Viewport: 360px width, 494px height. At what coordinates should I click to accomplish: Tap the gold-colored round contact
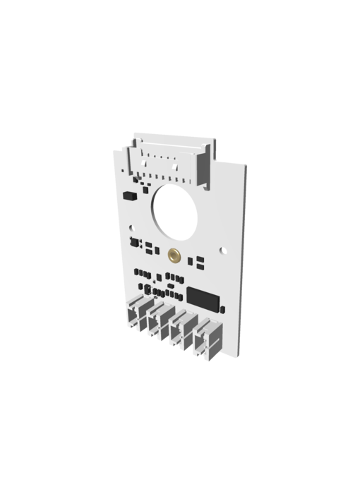(173, 255)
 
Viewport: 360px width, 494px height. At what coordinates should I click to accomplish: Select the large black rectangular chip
(204, 297)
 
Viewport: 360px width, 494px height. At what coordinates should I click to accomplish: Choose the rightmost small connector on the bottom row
(210, 339)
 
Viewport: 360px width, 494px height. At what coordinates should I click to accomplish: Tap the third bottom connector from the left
(184, 330)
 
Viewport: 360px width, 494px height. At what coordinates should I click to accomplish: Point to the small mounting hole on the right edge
(224, 248)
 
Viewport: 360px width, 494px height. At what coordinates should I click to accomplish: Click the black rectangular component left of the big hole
(128, 194)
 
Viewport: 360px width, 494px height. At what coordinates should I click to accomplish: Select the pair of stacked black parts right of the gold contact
(199, 263)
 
